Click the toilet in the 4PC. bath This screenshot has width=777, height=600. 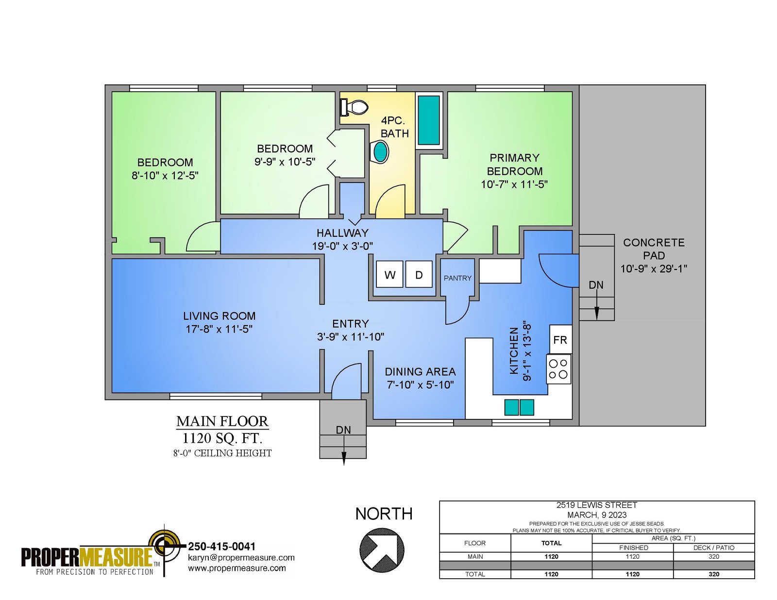(x=354, y=107)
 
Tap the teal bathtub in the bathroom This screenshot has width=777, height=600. (x=429, y=120)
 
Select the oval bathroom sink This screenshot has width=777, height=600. (x=380, y=152)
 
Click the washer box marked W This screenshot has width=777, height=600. (x=390, y=274)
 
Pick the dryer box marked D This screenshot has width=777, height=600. (x=419, y=274)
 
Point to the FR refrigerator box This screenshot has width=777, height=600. (x=560, y=339)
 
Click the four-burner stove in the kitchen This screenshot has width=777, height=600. (x=558, y=369)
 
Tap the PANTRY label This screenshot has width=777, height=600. (x=457, y=278)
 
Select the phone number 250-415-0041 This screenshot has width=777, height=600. (x=222, y=547)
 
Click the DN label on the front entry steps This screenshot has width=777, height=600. (x=343, y=430)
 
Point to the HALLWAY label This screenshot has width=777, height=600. (x=342, y=233)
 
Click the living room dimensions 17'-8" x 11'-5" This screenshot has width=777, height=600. (x=219, y=329)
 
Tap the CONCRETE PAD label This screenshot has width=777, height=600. (x=654, y=249)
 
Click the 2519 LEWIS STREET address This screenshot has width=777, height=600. (x=597, y=505)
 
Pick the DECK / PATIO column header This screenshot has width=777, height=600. (x=714, y=548)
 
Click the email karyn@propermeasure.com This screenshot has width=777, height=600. (x=241, y=557)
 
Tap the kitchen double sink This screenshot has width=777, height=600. (x=519, y=407)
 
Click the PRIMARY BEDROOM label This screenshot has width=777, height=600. (x=515, y=165)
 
